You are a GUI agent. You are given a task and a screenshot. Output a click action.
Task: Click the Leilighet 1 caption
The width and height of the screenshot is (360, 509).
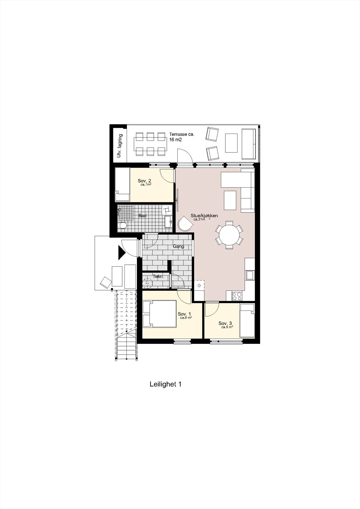165,384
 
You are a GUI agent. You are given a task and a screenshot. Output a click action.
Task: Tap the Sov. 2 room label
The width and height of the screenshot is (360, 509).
145,181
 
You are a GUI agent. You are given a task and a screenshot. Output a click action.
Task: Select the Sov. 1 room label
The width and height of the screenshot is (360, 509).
184,314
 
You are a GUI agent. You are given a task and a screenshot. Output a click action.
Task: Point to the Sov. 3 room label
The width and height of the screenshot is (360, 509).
225,323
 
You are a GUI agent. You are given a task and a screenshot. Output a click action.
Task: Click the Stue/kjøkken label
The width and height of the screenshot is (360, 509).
204,215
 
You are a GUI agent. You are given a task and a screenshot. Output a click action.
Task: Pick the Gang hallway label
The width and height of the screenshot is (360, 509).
178,246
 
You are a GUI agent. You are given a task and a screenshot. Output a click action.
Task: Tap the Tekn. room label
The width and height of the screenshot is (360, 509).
158,276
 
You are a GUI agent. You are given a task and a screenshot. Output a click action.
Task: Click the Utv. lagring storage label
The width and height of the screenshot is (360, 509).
120,146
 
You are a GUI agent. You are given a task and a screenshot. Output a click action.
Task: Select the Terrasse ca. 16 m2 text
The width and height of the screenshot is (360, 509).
181,137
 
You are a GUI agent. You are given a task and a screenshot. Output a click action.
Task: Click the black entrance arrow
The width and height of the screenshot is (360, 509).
122,252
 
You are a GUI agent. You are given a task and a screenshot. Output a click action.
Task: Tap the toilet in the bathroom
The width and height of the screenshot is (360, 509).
123,226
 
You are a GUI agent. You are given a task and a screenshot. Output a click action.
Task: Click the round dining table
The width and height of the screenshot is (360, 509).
229,235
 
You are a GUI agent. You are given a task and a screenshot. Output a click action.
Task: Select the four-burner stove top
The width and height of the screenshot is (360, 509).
237,296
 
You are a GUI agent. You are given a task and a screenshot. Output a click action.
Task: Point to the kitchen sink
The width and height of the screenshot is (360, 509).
250,275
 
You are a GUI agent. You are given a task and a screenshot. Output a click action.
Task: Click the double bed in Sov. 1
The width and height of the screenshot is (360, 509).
160,314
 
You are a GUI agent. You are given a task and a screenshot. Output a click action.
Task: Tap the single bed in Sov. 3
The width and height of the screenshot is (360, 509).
247,320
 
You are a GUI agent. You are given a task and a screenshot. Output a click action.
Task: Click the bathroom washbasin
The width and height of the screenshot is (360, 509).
168,222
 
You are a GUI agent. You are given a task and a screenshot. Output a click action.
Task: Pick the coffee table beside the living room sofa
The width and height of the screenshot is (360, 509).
230,200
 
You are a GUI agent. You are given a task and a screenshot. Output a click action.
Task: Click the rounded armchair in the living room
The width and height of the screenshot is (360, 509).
185,223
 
